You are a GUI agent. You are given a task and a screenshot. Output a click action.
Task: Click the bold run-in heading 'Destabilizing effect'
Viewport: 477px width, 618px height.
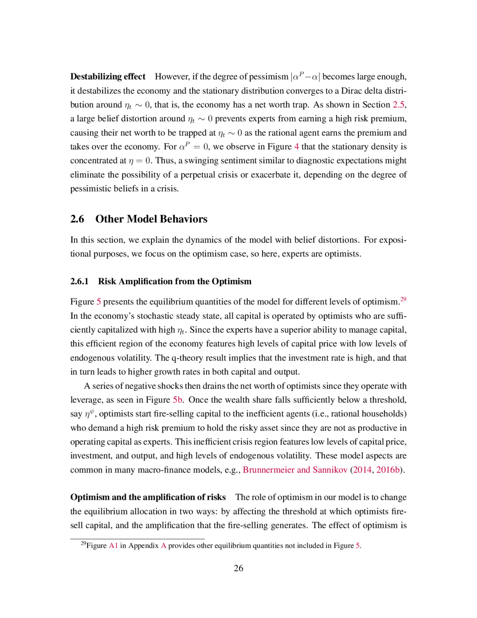108,76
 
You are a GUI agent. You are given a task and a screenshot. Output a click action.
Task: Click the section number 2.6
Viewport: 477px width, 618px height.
77,219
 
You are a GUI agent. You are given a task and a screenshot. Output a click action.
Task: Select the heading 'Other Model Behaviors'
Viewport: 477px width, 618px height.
151,219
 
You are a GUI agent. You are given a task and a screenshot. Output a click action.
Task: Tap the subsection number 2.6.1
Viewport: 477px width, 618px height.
79,282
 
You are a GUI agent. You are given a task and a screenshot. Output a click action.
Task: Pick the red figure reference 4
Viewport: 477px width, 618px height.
297,147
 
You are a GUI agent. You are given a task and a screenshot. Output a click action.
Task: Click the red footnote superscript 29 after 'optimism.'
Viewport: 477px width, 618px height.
403,299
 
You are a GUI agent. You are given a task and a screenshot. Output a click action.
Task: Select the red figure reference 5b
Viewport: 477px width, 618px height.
178,400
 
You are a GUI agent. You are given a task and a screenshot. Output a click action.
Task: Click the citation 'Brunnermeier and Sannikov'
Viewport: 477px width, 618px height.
295,470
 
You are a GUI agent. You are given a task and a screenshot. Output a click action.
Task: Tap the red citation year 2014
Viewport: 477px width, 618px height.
362,470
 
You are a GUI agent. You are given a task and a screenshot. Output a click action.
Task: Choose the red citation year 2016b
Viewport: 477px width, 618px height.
388,470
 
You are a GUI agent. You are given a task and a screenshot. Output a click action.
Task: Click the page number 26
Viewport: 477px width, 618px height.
238,569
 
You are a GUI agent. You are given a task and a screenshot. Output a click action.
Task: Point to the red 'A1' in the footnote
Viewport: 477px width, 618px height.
113,546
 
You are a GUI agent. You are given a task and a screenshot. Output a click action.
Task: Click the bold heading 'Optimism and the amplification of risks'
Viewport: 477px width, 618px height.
148,497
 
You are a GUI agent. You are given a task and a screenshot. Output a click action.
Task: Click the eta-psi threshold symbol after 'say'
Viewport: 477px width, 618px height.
90,414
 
